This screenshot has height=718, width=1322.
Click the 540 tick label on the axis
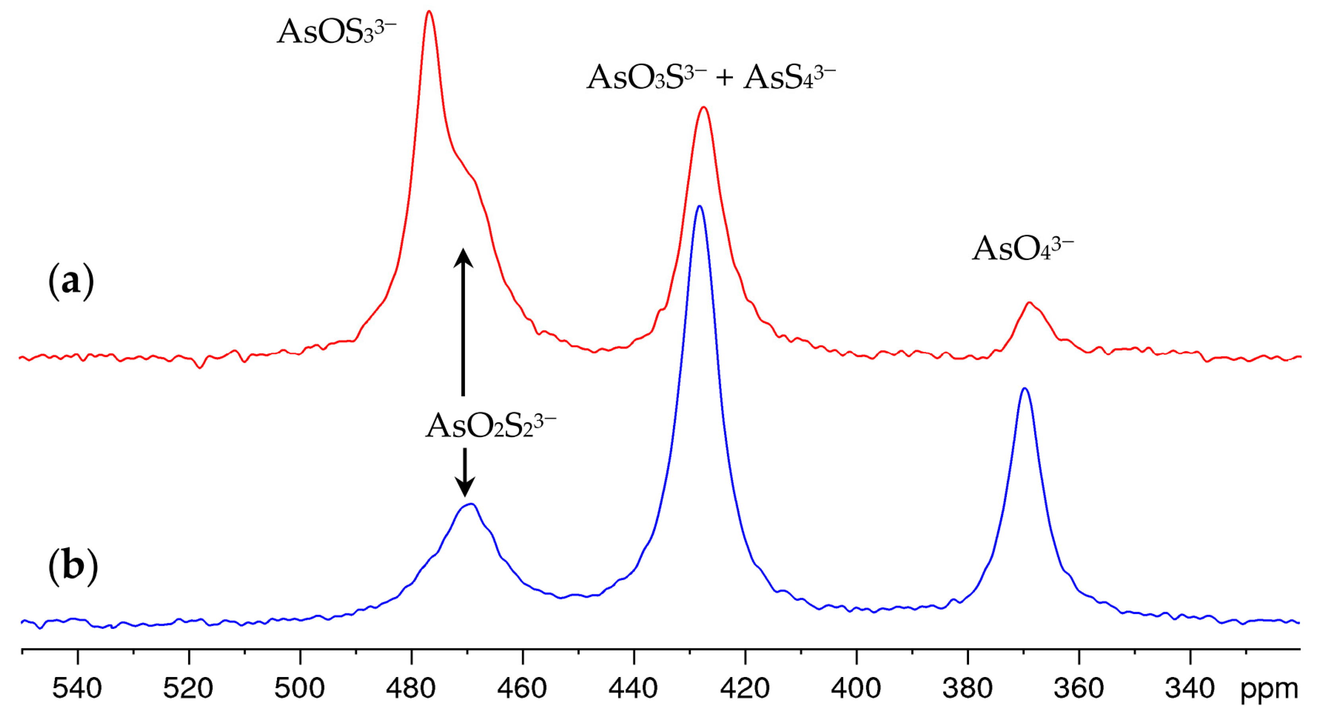click(x=77, y=689)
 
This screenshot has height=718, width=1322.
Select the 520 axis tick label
click(x=188, y=689)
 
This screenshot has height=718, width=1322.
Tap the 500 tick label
click(x=300, y=689)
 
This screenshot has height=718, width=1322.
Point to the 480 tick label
click(x=411, y=689)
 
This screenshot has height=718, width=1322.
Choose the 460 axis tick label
click(x=522, y=689)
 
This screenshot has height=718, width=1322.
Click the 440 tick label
click(x=634, y=689)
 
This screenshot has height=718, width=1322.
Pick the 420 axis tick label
click(x=745, y=689)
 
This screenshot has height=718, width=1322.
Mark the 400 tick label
click(x=857, y=689)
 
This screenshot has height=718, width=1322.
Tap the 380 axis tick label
click(x=968, y=689)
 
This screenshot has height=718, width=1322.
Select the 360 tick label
click(x=1079, y=689)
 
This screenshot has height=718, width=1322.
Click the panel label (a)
click(x=71, y=282)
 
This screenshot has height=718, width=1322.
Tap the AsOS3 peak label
click(x=336, y=32)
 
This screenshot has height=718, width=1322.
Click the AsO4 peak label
click(x=1022, y=249)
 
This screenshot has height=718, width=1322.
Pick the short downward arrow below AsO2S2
click(x=465, y=472)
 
